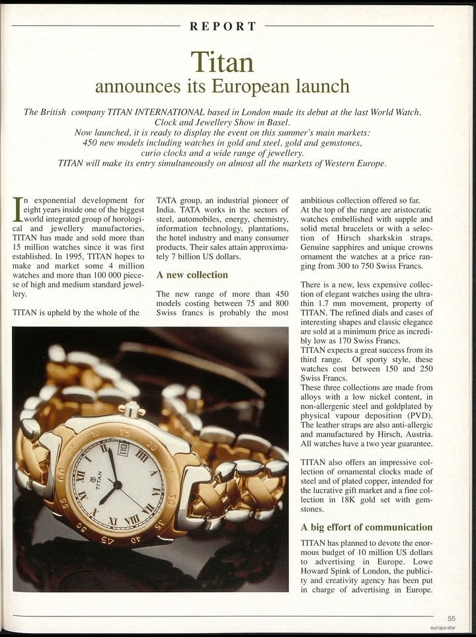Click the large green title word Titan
222,62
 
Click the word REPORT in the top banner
223,26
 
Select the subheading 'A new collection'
192,274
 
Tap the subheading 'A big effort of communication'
366,527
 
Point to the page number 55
451,618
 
